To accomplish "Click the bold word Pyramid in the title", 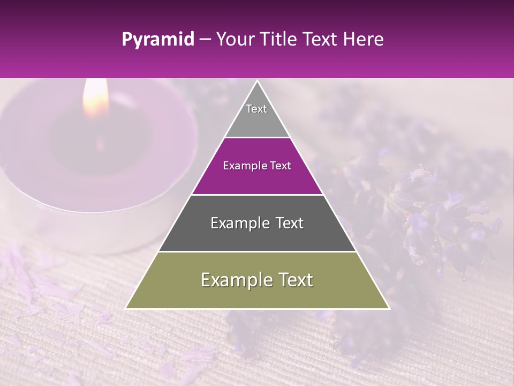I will [158, 40].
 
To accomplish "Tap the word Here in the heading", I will [364, 40].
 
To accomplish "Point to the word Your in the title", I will [236, 40].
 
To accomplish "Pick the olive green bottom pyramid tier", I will [257, 292].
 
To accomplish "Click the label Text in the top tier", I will [256, 109].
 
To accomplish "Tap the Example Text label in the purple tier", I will [257, 166].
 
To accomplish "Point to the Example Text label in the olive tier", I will [257, 280].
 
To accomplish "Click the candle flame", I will [95, 99].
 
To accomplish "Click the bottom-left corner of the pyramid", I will [126, 308].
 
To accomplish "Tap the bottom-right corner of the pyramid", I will [389, 308].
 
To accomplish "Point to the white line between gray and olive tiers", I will [257, 251].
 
